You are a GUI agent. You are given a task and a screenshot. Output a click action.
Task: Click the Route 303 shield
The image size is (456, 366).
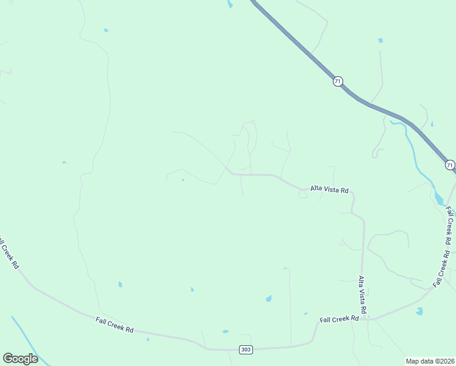pos(245,350)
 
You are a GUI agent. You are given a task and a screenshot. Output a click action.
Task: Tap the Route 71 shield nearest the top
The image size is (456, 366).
pos(338,81)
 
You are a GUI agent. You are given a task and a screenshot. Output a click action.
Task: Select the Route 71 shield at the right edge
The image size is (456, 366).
pos(449,165)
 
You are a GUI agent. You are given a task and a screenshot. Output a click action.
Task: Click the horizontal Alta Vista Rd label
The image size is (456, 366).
pos(329,190)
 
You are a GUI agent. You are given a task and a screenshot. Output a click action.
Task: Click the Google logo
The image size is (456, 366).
pos(20,358)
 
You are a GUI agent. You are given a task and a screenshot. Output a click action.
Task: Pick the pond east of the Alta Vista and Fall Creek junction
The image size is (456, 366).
pos(419,311)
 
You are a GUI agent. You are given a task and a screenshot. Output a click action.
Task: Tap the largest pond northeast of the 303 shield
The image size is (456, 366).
pos(268,298)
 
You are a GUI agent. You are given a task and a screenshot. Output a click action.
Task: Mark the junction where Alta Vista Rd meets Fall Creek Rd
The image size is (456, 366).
pos(366,318)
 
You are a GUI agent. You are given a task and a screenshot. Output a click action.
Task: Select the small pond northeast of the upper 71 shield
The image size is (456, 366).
pos(380,41)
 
